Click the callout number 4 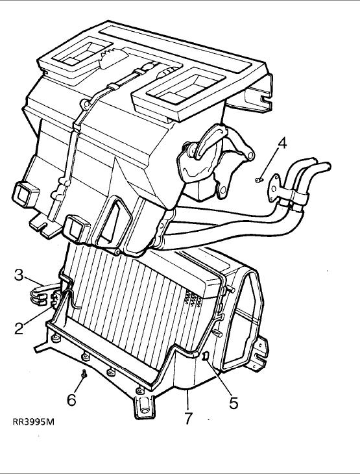tap(282, 143)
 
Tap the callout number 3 tap(19, 275)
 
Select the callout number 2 tap(19, 329)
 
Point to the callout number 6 tap(71, 400)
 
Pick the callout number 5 tap(234, 403)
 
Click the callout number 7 tap(188, 418)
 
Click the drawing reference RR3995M tap(34, 422)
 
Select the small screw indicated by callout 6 tap(84, 373)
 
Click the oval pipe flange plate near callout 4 tap(274, 188)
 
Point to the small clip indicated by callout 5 tap(205, 356)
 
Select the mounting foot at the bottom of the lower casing tap(144, 407)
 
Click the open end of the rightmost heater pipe tap(327, 167)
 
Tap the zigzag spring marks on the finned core tap(192, 299)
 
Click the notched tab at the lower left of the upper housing tap(43, 226)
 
